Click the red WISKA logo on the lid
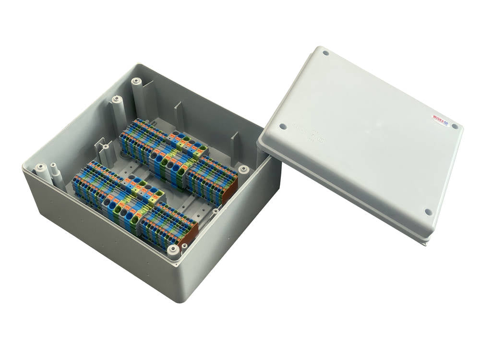point(440,119)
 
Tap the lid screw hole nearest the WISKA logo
point(454,127)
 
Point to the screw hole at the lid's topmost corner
point(326,53)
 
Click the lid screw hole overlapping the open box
point(283,127)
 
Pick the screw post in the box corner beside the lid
point(244,169)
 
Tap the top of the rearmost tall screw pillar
point(135,80)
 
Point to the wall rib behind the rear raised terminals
point(179,114)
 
